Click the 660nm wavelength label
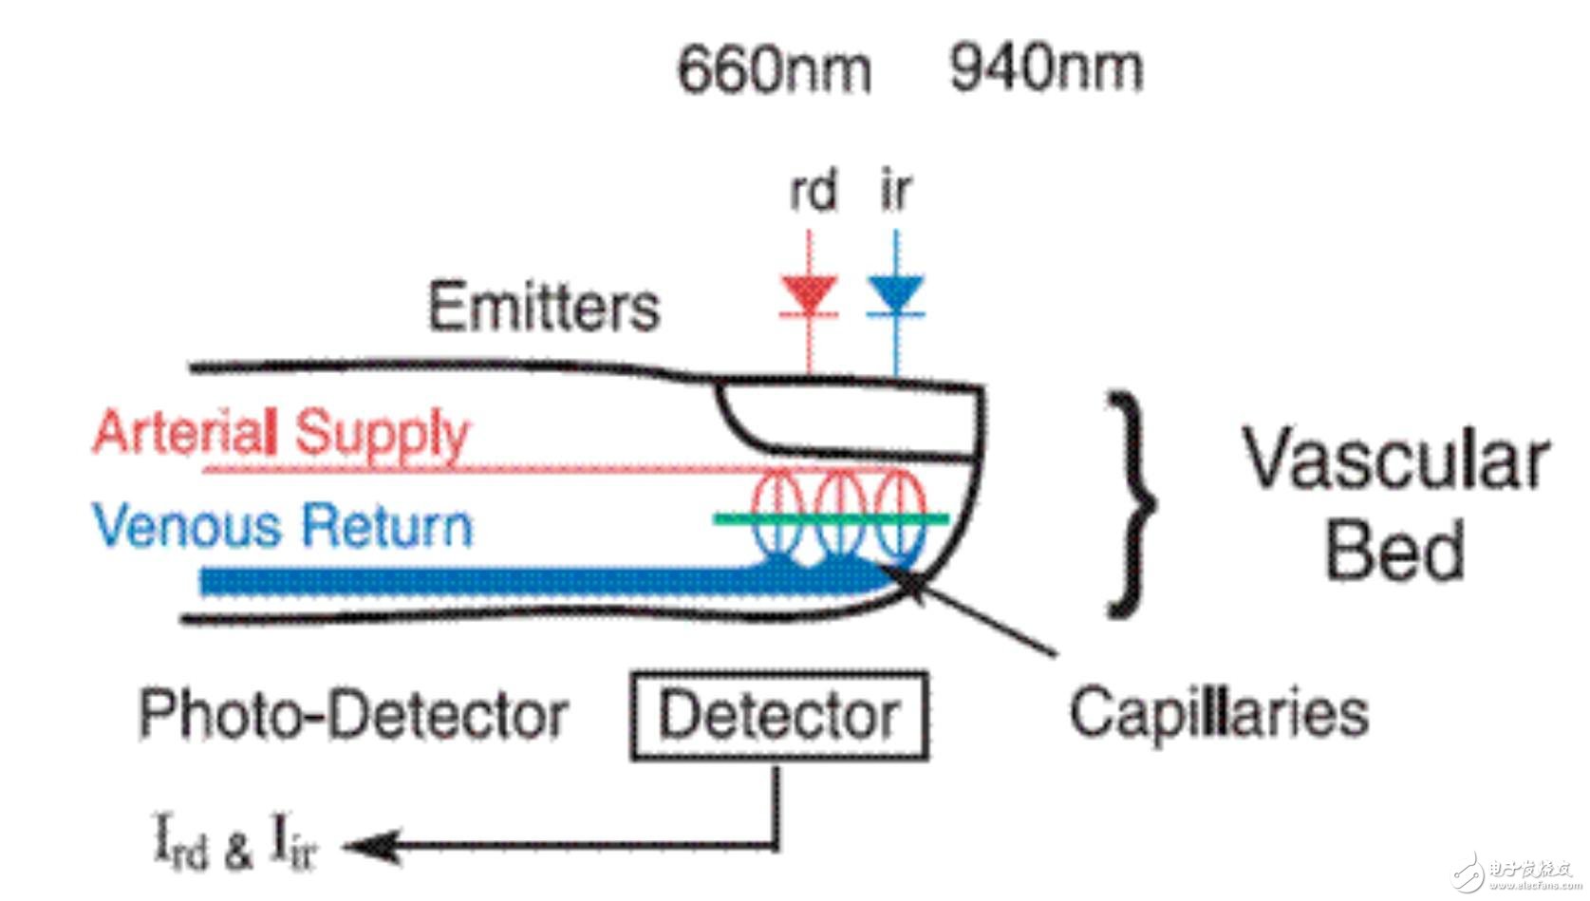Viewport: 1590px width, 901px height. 774,69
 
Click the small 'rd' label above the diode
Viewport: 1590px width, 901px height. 813,190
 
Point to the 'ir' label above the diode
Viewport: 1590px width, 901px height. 895,190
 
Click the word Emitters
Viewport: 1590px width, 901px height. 543,307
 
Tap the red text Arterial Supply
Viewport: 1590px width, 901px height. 281,433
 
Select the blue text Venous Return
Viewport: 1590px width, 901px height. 282,526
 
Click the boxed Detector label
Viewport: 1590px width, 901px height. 778,716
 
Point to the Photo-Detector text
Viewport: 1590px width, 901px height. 353,715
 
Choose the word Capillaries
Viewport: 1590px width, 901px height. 1219,713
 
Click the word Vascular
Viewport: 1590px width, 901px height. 1395,460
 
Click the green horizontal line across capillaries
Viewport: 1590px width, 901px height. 831,518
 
